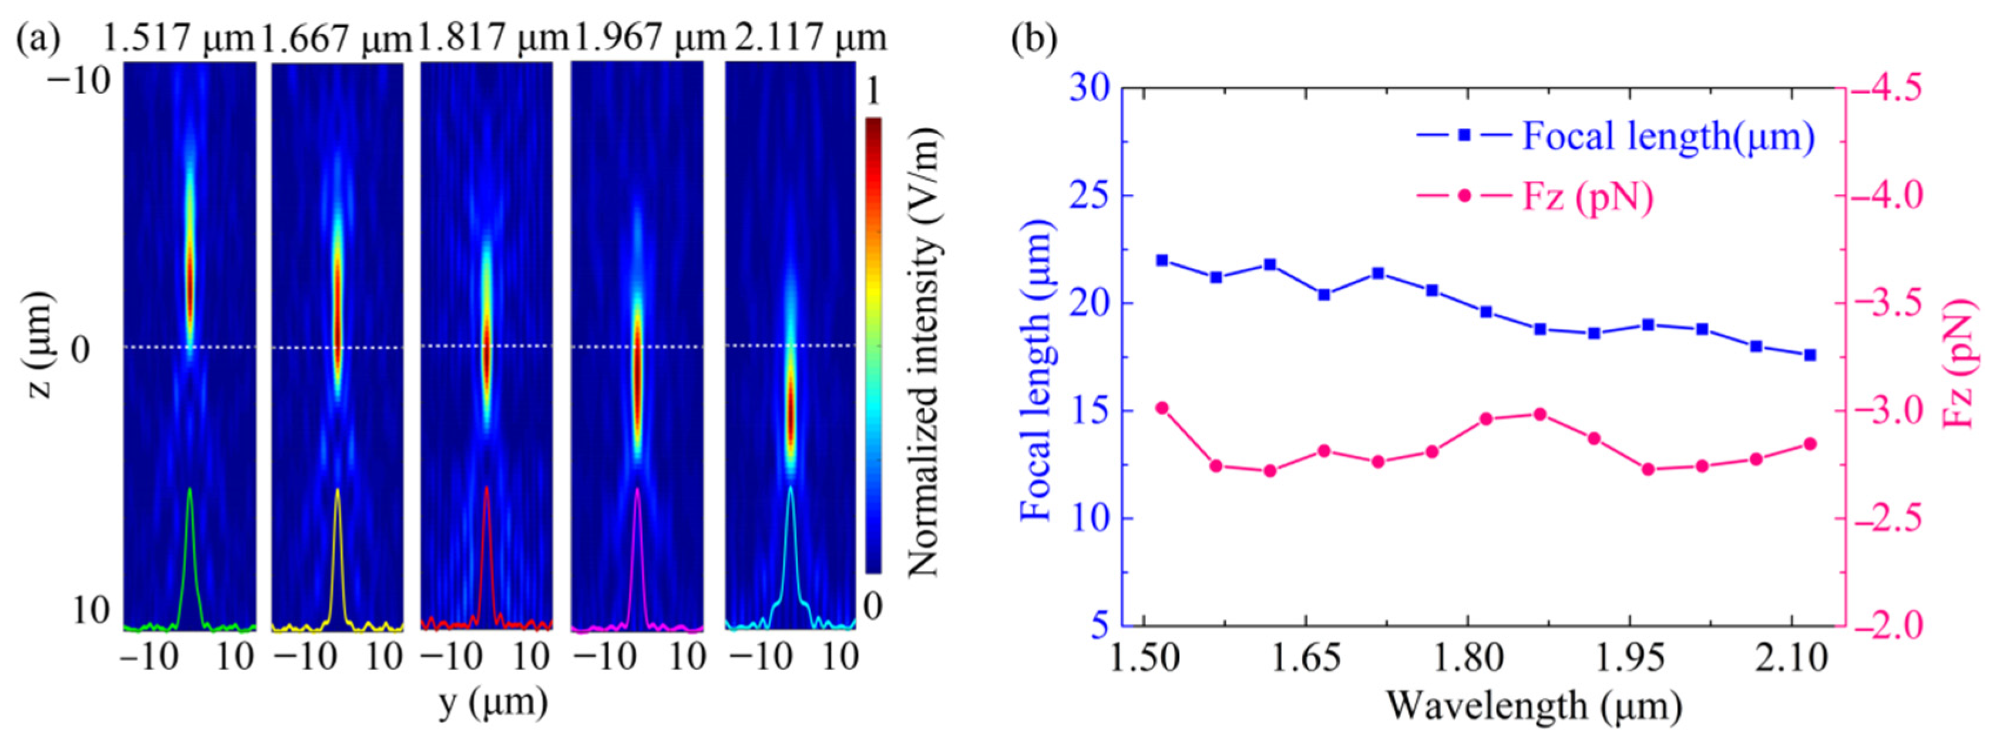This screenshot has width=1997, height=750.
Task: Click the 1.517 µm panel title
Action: pyautogui.click(x=179, y=37)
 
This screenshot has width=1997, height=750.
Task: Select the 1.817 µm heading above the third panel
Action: pyautogui.click(x=493, y=37)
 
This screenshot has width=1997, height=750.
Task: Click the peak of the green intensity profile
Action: pyautogui.click(x=189, y=490)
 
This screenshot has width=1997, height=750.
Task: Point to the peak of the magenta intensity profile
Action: pyautogui.click(x=637, y=490)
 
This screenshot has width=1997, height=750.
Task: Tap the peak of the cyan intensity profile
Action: pyautogui.click(x=790, y=488)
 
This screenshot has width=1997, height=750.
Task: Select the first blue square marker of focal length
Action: pyautogui.click(x=1162, y=260)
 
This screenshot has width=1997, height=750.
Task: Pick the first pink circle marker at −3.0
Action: pyautogui.click(x=1162, y=408)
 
